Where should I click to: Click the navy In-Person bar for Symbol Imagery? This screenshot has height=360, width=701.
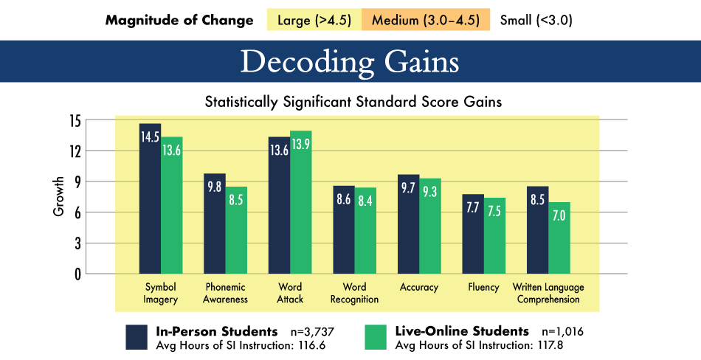pyautogui.click(x=151, y=199)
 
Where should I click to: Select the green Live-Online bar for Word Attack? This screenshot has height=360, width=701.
pyautogui.click(x=300, y=203)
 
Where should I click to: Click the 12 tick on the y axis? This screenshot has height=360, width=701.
pyautogui.click(x=75, y=150)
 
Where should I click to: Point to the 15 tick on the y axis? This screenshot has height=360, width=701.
pyautogui.click(x=75, y=120)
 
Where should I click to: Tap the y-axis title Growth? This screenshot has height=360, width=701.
pyautogui.click(x=59, y=196)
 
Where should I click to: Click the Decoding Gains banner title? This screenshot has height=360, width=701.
pyautogui.click(x=350, y=62)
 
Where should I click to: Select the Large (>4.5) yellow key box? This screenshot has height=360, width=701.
pyautogui.click(x=314, y=20)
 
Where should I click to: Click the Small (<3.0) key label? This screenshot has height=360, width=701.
pyautogui.click(x=536, y=20)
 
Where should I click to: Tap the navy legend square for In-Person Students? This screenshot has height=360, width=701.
pyautogui.click(x=138, y=336)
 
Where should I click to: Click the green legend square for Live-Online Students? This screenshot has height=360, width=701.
pyautogui.click(x=377, y=336)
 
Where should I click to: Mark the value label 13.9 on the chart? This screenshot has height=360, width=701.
pyautogui.click(x=300, y=145)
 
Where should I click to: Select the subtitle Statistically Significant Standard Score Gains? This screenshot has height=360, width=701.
pyautogui.click(x=353, y=103)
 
